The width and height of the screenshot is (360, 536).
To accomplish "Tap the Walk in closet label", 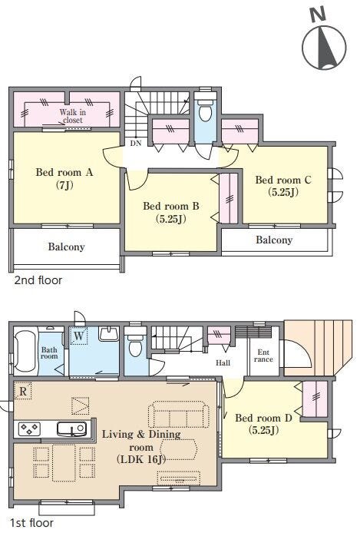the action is [73, 116].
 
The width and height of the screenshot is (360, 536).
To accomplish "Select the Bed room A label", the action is [64, 178].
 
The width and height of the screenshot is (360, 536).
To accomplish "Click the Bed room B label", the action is [170, 212].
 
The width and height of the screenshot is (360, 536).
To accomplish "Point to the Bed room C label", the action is [283, 186].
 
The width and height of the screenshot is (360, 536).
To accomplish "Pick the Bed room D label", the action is [263, 424].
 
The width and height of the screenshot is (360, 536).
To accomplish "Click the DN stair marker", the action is [136, 144].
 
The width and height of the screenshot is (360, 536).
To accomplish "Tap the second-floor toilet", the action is [205, 110].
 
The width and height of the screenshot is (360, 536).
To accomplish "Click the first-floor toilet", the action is [135, 345].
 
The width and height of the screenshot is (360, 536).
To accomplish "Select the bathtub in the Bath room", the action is [25, 352].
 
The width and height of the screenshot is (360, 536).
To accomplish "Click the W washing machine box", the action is [78, 336].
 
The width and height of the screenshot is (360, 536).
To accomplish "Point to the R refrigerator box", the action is [23, 391].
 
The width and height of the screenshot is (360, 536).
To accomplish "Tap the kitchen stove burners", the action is [29, 428].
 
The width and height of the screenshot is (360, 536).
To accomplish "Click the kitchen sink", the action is [71, 428].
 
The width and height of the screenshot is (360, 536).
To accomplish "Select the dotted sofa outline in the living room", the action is [178, 415].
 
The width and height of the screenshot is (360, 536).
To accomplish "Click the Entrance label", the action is [263, 356].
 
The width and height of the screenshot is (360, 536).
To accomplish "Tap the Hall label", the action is [223, 362].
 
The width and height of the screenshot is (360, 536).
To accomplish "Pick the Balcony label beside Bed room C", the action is [274, 240].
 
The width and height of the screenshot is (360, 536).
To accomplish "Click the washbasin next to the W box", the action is [109, 334].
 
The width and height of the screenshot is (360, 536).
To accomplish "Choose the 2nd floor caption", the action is [38, 280].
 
